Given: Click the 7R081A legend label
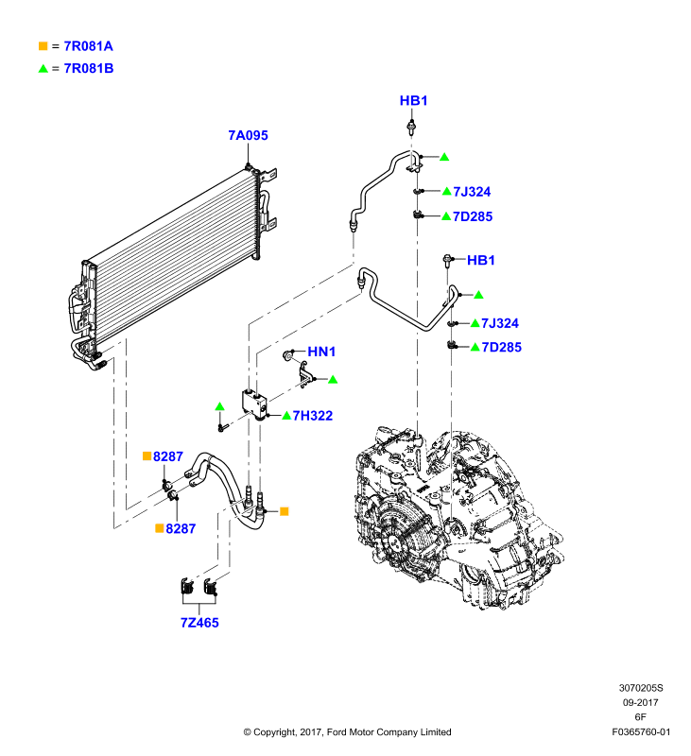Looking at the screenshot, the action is click(88, 46).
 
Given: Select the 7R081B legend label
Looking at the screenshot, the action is click(89, 68).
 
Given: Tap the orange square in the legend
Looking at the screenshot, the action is click(43, 45).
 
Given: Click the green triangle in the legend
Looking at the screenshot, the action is click(43, 68).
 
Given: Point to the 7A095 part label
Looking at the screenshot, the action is click(248, 135).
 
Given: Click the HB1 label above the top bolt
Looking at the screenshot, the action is click(413, 101).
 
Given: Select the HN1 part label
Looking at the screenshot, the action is click(321, 352).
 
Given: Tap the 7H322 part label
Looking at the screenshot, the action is click(313, 416).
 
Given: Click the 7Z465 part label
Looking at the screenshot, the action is click(199, 623).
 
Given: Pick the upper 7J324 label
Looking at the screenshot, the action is click(472, 192).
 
